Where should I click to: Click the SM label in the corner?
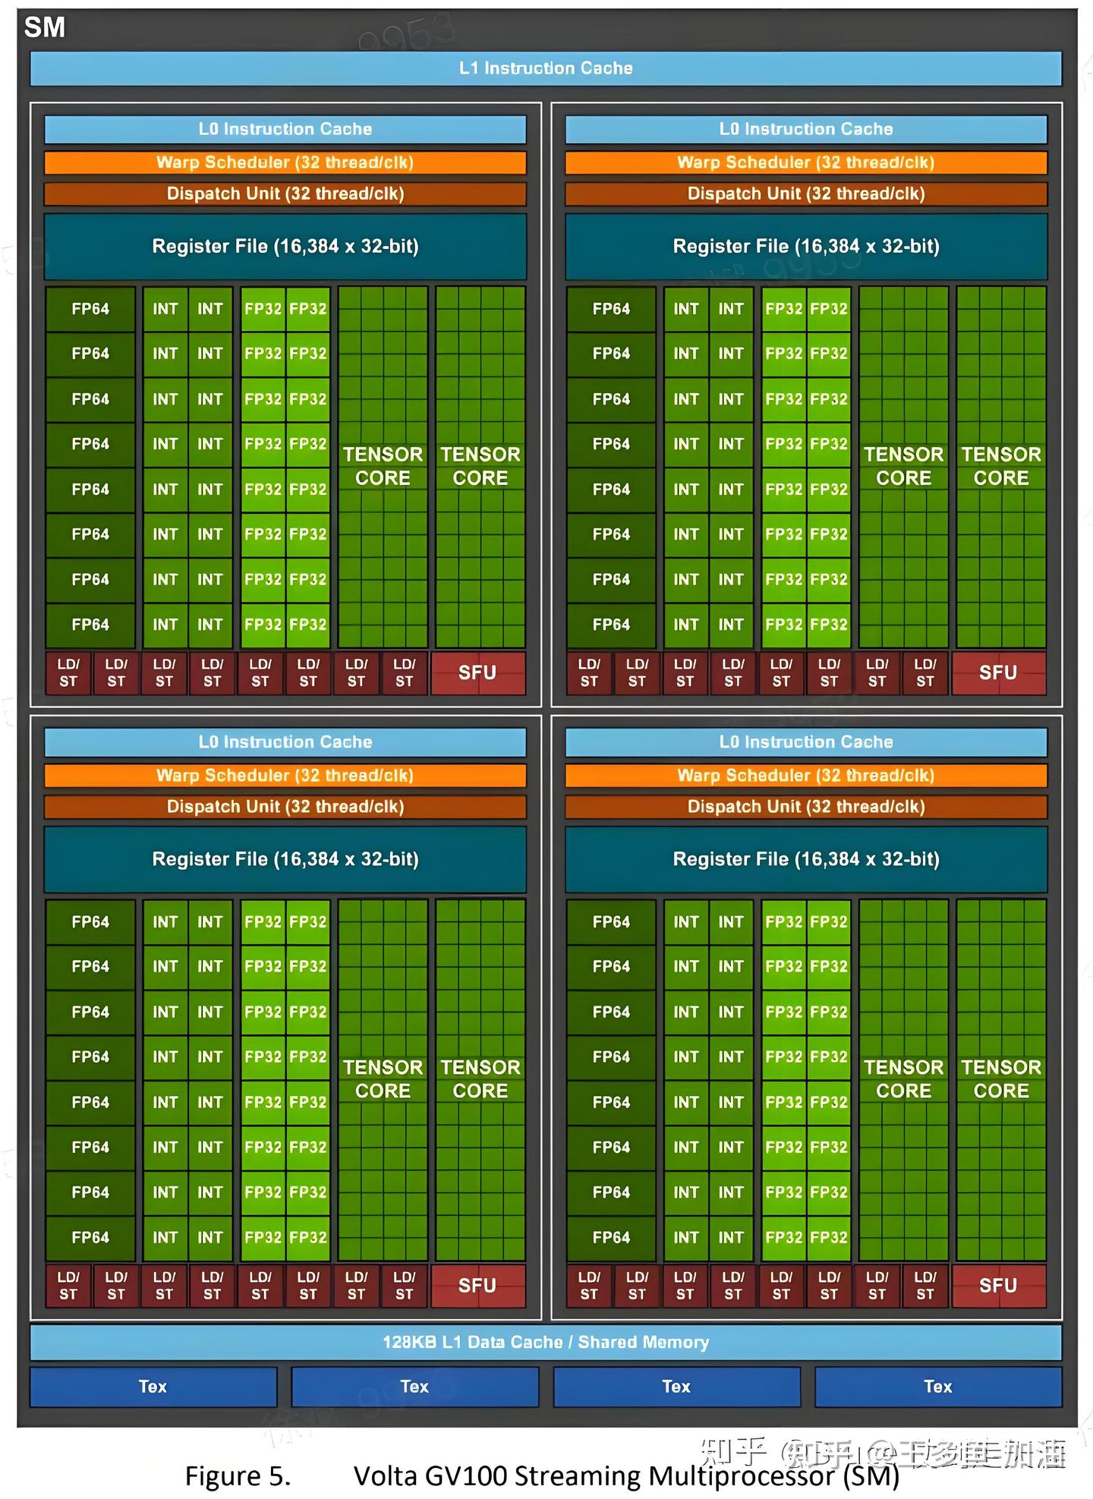[45, 28]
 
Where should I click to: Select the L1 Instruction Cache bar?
[546, 68]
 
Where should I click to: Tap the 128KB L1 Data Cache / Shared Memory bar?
[546, 1342]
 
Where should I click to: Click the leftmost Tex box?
[153, 1387]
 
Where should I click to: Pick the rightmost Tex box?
[937, 1387]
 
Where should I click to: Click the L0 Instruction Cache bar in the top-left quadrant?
[285, 129]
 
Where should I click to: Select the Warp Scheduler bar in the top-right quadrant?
[806, 162]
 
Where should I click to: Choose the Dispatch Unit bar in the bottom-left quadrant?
[285, 807]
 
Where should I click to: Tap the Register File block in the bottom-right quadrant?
[806, 859]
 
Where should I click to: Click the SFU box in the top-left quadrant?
[477, 673]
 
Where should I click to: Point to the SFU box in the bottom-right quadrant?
[998, 1286]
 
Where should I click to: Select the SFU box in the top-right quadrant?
[998, 673]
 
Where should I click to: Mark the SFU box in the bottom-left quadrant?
[477, 1286]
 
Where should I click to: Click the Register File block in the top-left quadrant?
[285, 247]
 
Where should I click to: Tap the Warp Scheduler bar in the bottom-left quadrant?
[285, 776]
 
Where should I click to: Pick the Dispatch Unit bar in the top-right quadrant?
[806, 194]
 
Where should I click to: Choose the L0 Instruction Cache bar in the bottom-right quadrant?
[806, 742]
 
